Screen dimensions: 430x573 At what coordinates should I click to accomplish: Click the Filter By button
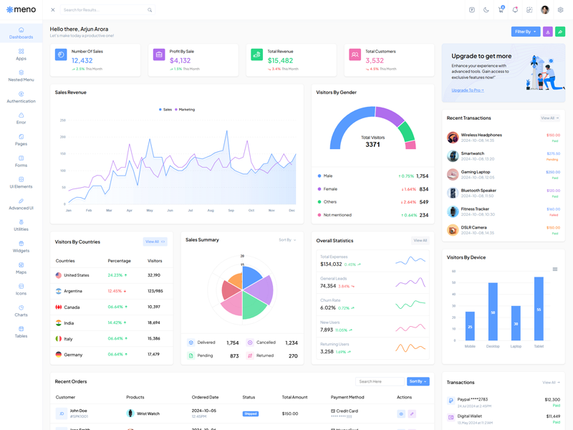coord(526,32)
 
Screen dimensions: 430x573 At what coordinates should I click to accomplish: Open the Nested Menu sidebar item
coord(21,76)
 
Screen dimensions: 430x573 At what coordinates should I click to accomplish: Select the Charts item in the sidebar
coord(21,310)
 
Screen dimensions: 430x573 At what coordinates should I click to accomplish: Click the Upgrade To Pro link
coord(467,90)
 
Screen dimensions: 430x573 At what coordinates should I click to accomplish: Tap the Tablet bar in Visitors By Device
coord(539,309)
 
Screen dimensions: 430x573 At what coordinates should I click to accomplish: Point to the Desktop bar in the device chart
coord(493,312)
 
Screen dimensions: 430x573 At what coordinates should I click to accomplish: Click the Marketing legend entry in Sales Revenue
coord(185,110)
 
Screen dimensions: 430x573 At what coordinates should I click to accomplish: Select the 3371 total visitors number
coord(372,145)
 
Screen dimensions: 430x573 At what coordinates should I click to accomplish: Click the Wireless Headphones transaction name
coord(481,135)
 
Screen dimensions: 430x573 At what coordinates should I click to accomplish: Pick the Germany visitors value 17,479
coord(153,354)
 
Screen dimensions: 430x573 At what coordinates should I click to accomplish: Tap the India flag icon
coord(59,322)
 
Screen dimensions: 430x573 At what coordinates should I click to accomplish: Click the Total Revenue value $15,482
coord(280,61)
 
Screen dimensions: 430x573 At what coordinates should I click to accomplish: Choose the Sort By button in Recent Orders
coord(418,381)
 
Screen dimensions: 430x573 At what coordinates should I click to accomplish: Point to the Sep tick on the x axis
coord(231,210)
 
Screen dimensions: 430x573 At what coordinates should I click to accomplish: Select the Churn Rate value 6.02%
coord(327,307)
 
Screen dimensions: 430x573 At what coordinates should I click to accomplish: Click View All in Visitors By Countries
coord(155,242)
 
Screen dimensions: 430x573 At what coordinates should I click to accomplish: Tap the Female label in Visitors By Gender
coord(330,189)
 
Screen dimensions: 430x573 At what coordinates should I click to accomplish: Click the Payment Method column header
coord(347,397)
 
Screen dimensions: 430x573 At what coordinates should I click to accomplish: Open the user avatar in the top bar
coord(545,10)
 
